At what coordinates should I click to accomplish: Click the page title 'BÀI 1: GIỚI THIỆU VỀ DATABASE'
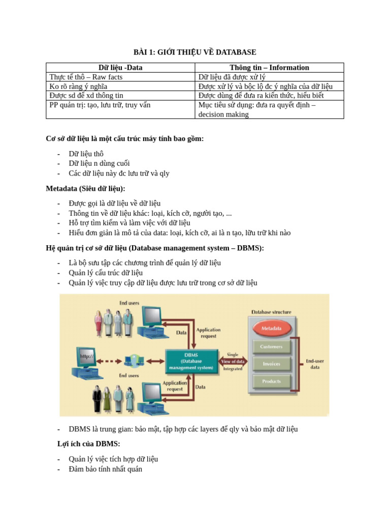[194, 52]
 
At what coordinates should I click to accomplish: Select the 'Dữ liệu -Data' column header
[120, 67]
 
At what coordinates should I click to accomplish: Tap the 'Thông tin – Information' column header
[269, 67]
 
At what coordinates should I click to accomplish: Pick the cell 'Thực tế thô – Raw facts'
[86, 77]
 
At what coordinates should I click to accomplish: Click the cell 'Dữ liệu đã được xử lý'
[232, 77]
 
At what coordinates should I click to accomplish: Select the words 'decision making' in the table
[223, 114]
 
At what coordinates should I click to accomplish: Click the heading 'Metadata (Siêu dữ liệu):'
[85, 189]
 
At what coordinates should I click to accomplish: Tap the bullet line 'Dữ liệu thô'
[86, 154]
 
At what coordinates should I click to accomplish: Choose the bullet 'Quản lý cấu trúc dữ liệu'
[106, 273]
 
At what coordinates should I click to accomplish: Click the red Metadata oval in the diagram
[272, 329]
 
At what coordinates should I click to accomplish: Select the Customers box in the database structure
[272, 347]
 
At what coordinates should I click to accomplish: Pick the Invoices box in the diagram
[272, 364]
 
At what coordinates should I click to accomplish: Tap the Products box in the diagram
[272, 381]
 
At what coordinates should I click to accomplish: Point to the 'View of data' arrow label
[234, 361]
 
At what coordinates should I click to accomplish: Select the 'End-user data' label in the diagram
[315, 364]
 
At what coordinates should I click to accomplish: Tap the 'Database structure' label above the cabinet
[271, 312]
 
